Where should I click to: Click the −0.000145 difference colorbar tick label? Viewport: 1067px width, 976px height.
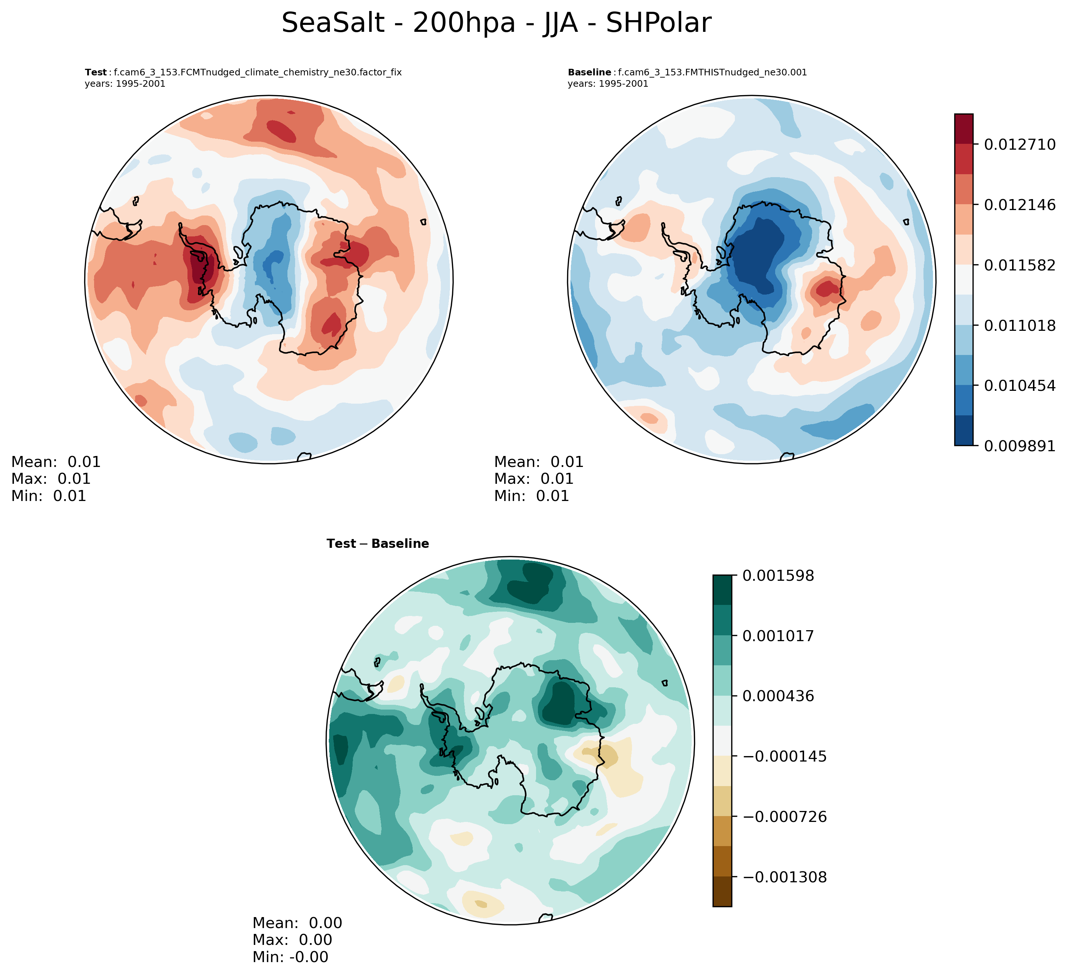785,756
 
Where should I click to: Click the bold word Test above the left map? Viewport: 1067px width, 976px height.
96,72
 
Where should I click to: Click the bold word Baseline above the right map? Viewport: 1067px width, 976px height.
589,72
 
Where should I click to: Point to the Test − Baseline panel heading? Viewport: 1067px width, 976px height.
378,544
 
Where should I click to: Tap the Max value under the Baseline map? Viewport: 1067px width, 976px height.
557,479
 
